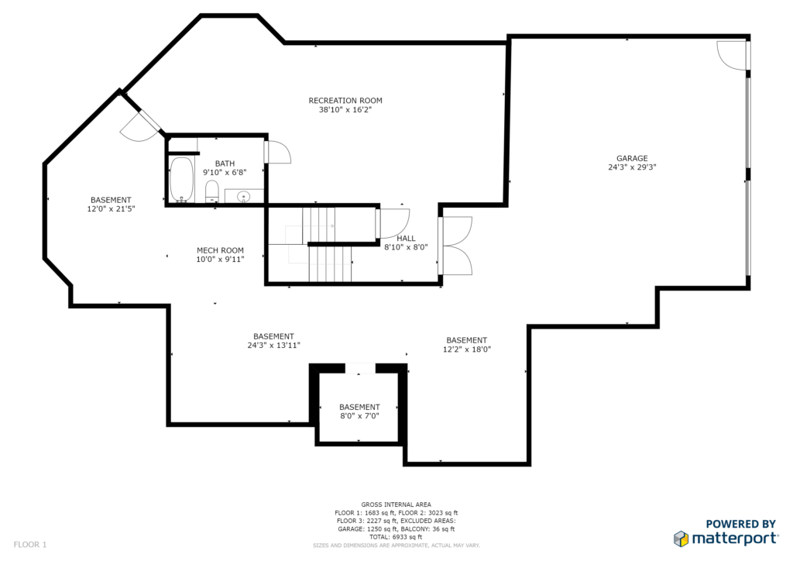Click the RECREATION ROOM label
tap(345, 101)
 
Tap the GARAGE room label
tap(632, 158)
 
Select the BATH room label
tap(225, 163)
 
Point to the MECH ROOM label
tap(220, 250)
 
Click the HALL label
tap(406, 238)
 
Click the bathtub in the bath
tap(181, 180)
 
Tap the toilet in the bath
tap(212, 191)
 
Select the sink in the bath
tap(244, 196)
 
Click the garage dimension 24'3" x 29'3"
tap(632, 167)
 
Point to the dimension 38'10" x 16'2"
tap(345, 110)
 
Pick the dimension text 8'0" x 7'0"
tap(359, 416)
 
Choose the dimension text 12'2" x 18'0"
tap(467, 349)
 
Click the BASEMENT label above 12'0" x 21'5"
tap(111, 200)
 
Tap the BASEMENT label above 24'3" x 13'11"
tap(273, 336)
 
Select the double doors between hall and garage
tap(457, 246)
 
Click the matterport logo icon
tap(681, 539)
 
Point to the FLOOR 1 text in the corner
tap(30, 545)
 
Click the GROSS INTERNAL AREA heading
tap(396, 504)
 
